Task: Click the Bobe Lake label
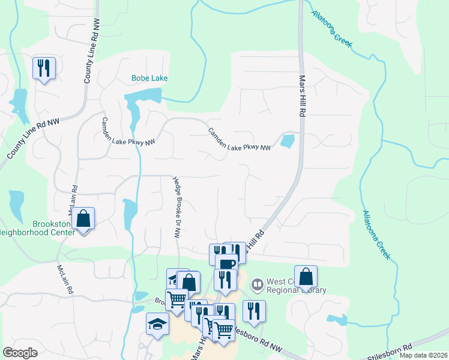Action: [x=149, y=78]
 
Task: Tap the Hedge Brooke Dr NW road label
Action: [x=176, y=206]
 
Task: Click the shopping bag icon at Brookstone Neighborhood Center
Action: [x=84, y=219]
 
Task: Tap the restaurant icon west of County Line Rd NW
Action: [x=44, y=68]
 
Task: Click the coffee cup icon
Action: [x=226, y=264]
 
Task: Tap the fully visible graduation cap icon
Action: [x=158, y=325]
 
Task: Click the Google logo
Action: [x=20, y=353]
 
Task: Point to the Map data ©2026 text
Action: [x=423, y=355]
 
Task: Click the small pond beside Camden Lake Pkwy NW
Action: [x=288, y=142]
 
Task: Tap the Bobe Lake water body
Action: [x=144, y=96]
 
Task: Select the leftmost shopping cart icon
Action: [x=176, y=298]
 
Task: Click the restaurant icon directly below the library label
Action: [x=253, y=311]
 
